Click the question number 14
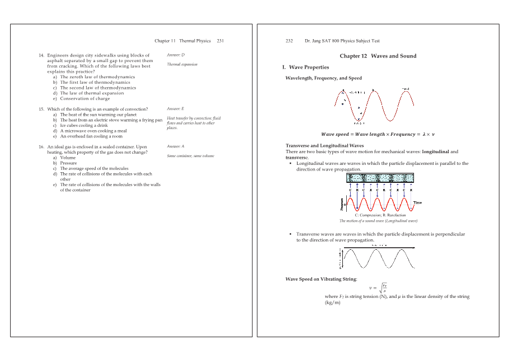(x=41, y=55)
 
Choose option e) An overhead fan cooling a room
(x=91, y=136)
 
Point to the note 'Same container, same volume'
(x=191, y=156)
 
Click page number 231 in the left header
(x=220, y=41)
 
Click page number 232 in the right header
(x=289, y=41)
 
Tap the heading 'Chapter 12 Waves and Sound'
(x=378, y=56)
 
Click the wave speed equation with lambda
(x=378, y=134)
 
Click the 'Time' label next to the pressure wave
(x=417, y=202)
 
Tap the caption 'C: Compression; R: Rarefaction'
(x=380, y=215)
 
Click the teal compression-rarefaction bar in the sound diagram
(x=380, y=178)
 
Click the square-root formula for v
(x=379, y=287)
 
